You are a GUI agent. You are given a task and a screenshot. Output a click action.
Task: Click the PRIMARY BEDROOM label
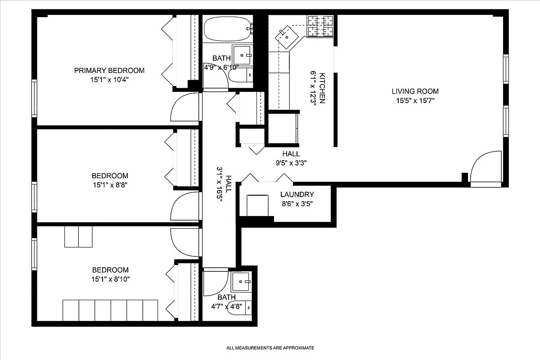click(x=109, y=70)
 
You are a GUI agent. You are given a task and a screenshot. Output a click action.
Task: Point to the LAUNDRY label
click(x=297, y=194)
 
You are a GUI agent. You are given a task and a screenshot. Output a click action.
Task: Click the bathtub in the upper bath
click(x=226, y=29)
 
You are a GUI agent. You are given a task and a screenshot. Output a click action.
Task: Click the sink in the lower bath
click(x=243, y=282)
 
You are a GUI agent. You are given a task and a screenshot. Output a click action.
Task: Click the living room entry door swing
click(x=486, y=167)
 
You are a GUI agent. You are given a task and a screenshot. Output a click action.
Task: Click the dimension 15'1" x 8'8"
click(x=110, y=185)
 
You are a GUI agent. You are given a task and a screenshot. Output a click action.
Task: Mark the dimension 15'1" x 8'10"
click(x=110, y=279)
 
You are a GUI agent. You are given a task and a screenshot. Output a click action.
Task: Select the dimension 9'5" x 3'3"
click(x=291, y=163)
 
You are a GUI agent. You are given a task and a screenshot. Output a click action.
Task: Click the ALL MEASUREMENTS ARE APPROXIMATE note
click(x=270, y=348)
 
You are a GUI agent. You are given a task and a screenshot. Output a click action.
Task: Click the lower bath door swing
click(x=215, y=283)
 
